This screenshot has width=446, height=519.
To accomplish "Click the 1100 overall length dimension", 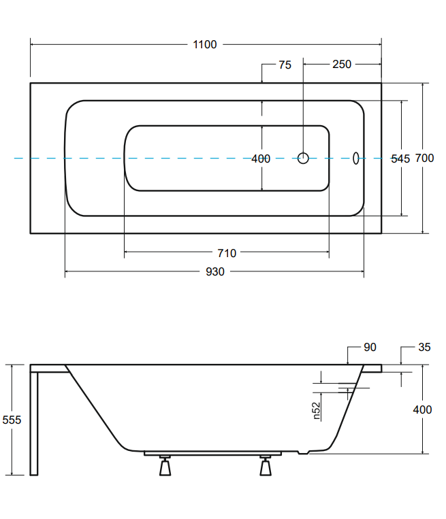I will click(x=205, y=45).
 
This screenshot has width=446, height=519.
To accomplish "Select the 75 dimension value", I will click(x=285, y=65).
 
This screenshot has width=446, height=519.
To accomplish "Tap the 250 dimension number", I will click(x=342, y=65).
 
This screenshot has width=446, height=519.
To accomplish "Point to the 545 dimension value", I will click(x=400, y=158).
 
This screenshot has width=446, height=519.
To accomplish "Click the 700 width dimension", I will click(x=425, y=158).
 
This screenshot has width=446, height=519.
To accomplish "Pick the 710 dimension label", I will click(x=227, y=253).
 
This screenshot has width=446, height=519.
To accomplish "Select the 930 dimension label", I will click(x=214, y=272).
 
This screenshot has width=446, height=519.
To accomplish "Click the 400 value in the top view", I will click(x=261, y=158).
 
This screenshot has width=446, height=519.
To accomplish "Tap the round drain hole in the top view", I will click(x=303, y=158).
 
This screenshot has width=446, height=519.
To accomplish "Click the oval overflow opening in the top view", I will click(x=355, y=158).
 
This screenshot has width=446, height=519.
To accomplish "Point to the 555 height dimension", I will click(x=12, y=420).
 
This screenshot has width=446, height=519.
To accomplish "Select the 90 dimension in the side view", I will click(x=370, y=348).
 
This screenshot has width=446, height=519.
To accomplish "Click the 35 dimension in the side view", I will click(x=424, y=348).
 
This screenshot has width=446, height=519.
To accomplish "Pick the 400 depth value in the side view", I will click(x=423, y=409).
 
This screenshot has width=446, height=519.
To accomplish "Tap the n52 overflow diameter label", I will click(x=317, y=410).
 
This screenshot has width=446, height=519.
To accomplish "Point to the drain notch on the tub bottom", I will click(x=307, y=452).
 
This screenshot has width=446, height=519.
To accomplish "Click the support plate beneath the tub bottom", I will click(x=214, y=452).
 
